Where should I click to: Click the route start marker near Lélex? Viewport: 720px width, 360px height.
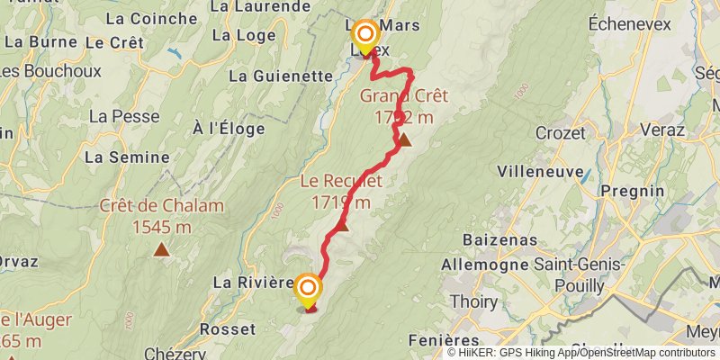pyautogui.click(x=365, y=36)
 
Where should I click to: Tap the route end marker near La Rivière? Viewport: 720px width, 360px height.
pyautogui.click(x=308, y=290)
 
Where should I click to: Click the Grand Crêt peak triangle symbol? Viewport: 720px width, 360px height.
pyautogui.click(x=405, y=139)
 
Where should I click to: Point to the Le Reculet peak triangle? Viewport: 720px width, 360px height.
pyautogui.click(x=342, y=225)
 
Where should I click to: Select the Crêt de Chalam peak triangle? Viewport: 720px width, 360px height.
pyautogui.click(x=161, y=249)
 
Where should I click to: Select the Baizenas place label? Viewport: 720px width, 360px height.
pyautogui.click(x=500, y=240)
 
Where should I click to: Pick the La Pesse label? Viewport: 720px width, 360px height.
pyautogui.click(x=123, y=116)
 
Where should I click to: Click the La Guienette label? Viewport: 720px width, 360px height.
pyautogui.click(x=281, y=76)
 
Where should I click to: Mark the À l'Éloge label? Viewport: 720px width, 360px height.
pyautogui.click(x=229, y=129)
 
